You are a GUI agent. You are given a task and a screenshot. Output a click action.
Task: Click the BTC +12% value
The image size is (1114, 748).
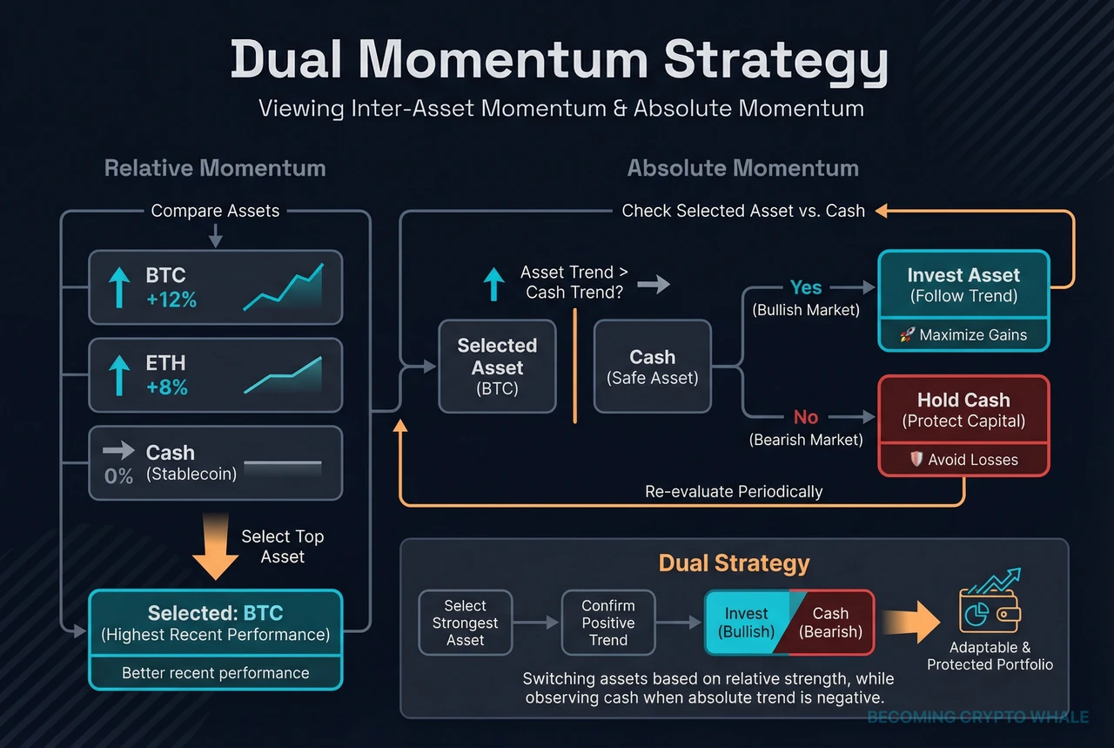tap(171, 300)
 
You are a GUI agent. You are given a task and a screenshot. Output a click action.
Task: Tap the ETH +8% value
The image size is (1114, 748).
tap(166, 387)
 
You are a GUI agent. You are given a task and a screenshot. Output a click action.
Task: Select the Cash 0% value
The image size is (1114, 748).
tap(119, 475)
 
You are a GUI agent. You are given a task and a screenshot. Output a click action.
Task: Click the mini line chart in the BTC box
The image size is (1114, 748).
tap(283, 287)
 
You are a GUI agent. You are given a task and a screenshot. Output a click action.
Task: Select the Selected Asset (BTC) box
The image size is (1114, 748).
tap(497, 366)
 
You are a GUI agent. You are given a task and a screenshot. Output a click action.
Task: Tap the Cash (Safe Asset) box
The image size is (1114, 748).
tap(652, 366)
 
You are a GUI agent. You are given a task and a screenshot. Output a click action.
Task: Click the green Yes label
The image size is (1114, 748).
tap(806, 287)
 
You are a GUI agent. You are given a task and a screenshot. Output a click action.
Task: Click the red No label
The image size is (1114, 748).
tap(805, 417)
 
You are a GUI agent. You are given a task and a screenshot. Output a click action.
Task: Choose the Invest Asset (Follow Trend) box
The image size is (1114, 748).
tap(963, 285)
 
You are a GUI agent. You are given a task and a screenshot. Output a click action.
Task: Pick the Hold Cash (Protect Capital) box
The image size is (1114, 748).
tap(963, 410)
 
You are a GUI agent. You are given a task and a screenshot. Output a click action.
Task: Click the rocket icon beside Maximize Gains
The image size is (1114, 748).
tap(906, 335)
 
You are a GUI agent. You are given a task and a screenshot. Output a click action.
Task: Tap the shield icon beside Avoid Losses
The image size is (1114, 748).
tap(916, 460)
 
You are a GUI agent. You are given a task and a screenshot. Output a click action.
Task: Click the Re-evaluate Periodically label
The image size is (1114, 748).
tap(734, 491)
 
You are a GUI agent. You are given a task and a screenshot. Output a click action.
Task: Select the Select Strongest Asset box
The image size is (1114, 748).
tap(465, 623)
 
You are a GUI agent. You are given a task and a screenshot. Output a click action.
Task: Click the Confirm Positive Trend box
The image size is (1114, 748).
tap(607, 623)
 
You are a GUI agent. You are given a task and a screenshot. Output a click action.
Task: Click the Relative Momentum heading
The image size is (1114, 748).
tap(215, 168)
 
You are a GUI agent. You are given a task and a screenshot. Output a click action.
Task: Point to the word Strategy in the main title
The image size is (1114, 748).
tap(776, 61)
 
